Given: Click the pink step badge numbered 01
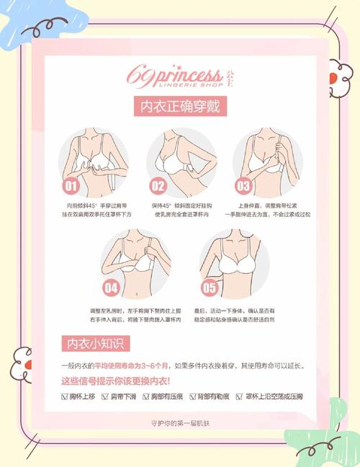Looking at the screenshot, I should pos(71,187).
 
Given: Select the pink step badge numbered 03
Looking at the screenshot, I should pos(243,187).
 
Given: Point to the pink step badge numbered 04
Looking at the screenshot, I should pos(111,288).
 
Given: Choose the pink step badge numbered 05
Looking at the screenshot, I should pos(209,288).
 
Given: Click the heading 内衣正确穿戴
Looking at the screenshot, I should pos(180,107).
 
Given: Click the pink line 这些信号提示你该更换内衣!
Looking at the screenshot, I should pos(115,381).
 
